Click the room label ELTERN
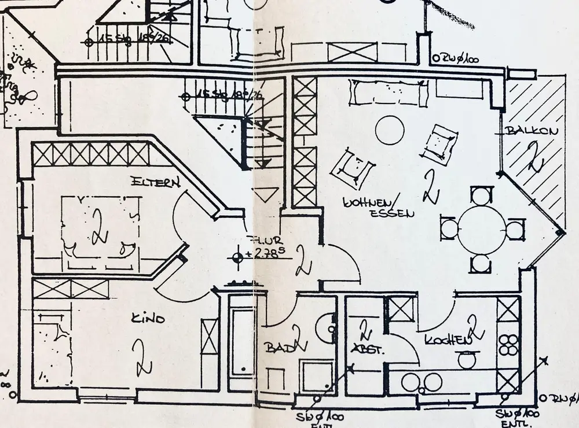pyautogui.click(x=155, y=182)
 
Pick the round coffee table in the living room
pyautogui.click(x=389, y=130)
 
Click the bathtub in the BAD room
pyautogui.click(x=241, y=342)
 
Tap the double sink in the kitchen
pyautogui.click(x=422, y=382)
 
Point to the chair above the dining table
pyautogui.click(x=481, y=194)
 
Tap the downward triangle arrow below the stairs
pyautogui.click(x=266, y=194)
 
